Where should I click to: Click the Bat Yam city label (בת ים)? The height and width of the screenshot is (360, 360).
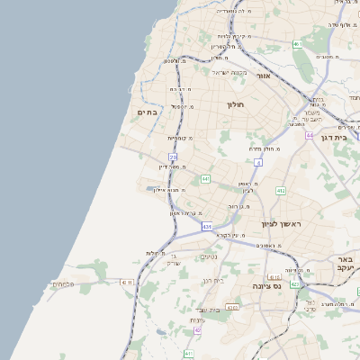148,112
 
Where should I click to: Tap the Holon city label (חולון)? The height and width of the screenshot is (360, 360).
235,105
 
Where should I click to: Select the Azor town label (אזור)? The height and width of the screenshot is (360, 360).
264,76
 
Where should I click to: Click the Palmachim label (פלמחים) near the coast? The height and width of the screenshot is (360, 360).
62,284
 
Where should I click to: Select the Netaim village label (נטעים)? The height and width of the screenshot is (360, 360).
209,256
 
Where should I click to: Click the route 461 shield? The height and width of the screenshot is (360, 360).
297,44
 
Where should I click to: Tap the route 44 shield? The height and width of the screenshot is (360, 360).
309,135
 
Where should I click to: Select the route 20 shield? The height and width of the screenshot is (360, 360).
173,157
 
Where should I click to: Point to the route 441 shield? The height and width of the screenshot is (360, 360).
205,179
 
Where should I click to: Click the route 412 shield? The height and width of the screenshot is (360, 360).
281,191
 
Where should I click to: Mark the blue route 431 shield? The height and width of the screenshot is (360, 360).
207,227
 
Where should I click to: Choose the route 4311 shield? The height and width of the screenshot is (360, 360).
127,282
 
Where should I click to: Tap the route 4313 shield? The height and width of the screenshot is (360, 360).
232,308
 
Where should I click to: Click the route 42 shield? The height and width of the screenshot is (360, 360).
198,330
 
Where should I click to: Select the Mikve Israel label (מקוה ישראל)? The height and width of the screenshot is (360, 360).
229,72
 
